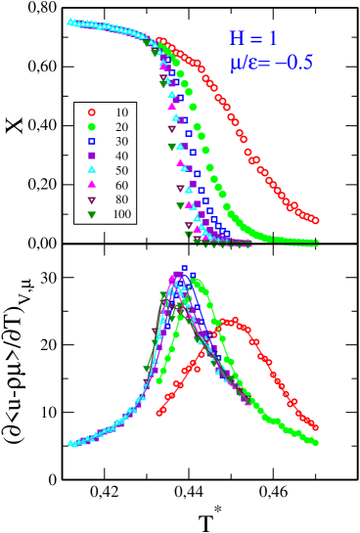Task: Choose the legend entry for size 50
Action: (x=103, y=170)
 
